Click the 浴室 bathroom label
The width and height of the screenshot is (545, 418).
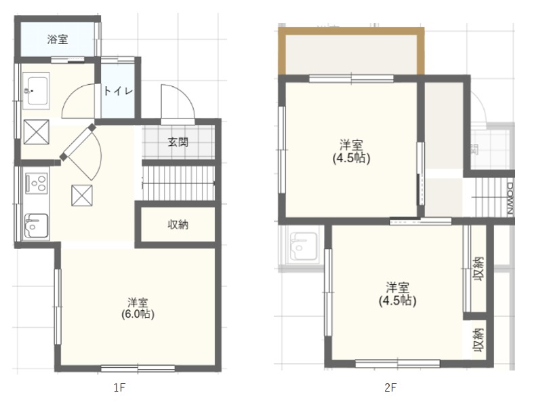tap(58, 39)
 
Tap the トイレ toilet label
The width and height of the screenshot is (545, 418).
tap(118, 90)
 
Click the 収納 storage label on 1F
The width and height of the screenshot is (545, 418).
tap(178, 225)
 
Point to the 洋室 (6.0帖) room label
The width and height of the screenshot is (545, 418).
tap(138, 309)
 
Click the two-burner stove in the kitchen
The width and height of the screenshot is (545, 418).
tap(35, 183)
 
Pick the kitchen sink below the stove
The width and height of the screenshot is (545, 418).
tap(36, 226)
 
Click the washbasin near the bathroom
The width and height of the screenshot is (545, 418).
tap(36, 90)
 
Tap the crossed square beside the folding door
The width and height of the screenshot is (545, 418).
tap(81, 195)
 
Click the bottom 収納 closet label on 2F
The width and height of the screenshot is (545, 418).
tap(478, 339)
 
